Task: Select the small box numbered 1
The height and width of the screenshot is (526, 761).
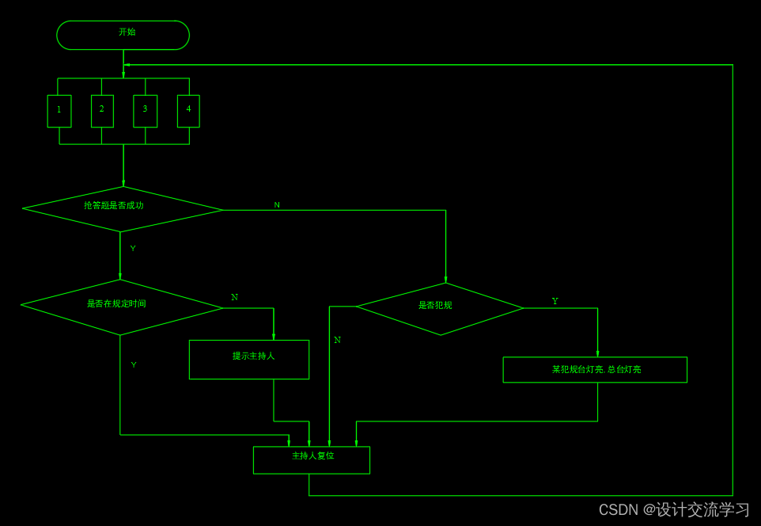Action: click(59, 111)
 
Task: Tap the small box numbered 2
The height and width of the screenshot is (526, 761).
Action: click(102, 111)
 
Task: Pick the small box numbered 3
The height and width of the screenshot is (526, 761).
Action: click(145, 111)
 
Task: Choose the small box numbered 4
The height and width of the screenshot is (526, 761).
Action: click(188, 111)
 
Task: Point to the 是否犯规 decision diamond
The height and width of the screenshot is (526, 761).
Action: click(440, 308)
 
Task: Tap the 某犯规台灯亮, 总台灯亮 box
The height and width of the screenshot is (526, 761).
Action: click(595, 369)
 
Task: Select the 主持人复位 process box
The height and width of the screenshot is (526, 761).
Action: click(312, 459)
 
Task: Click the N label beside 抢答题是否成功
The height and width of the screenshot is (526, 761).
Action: click(277, 204)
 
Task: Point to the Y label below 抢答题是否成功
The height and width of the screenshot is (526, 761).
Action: click(133, 248)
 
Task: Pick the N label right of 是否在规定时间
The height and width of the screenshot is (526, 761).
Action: click(234, 297)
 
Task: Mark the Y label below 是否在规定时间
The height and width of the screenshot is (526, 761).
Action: click(134, 364)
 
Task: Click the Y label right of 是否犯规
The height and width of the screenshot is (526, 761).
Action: click(555, 301)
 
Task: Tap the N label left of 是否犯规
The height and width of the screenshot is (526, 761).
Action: click(337, 340)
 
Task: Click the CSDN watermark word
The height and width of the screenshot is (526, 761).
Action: click(618, 509)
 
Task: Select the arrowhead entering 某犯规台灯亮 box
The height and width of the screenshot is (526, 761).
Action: click(597, 353)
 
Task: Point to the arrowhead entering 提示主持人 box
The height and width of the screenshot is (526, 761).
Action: click(274, 337)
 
